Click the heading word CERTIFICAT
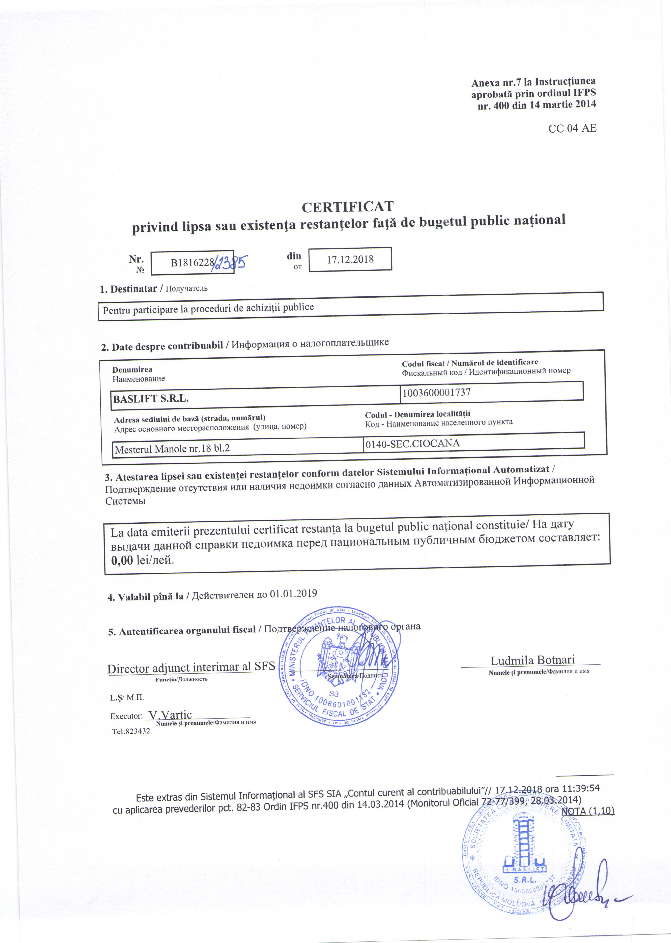pos(348,206)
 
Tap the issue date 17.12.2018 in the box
pos(350,259)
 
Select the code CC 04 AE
pos(572,128)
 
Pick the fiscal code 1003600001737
pos(437,392)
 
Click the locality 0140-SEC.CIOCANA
pos(413,443)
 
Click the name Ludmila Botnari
pos(533,660)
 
